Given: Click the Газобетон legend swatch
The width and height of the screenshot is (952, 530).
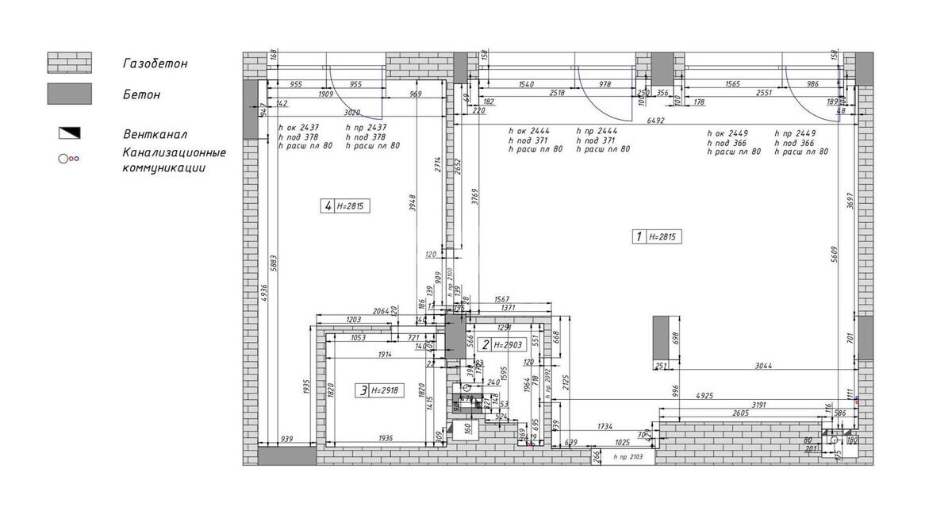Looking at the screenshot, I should click(x=69, y=63).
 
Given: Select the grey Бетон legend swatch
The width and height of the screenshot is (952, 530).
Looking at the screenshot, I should click(x=69, y=94).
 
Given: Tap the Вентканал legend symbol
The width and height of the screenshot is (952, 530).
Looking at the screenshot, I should click(x=69, y=133).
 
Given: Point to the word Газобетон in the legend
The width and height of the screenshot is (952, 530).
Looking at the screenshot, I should click(x=155, y=63).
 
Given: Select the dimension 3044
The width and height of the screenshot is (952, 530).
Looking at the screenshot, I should click(x=763, y=366).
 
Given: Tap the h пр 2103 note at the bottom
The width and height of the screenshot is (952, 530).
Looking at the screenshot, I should click(x=628, y=458).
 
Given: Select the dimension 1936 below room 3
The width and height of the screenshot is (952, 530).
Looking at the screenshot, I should click(x=384, y=438).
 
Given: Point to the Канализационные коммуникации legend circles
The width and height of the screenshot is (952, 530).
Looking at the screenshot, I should click(x=68, y=159).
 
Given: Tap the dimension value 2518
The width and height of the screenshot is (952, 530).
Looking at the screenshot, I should click(x=555, y=93).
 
